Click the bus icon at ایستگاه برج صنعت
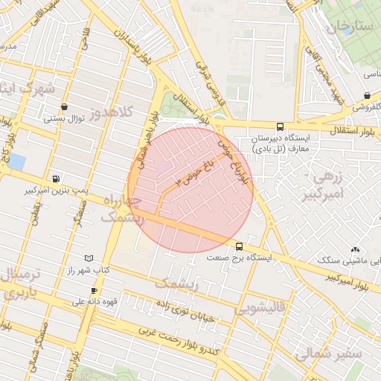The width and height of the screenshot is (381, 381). [239, 246]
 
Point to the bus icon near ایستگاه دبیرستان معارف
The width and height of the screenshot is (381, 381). [279, 127]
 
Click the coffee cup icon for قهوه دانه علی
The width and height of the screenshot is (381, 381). [94, 290]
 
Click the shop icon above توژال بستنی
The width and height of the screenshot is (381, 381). [65, 106]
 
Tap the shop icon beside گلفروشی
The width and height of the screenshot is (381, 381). [368, 95]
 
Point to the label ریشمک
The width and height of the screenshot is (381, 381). [177, 283]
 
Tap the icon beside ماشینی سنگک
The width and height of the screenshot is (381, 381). [355, 250]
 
